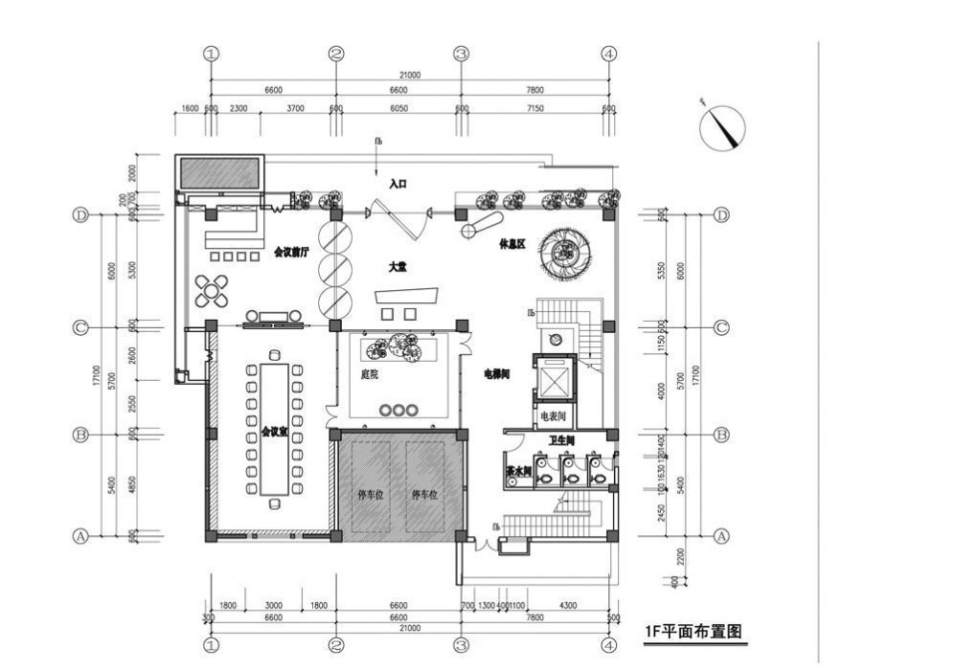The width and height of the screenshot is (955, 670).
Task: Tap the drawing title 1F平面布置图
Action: pos(695,632)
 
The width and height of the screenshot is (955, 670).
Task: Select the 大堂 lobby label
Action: pos(398,268)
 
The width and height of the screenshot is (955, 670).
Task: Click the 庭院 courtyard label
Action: pos(369,374)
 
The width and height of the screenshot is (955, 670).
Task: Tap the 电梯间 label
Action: pos(496,374)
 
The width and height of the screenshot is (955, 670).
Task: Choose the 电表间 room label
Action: pos(555,416)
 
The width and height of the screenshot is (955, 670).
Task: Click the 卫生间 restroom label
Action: pos(561,441)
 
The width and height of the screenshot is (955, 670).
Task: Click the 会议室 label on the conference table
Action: pos(274,433)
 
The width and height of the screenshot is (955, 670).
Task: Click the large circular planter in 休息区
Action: pos(566,253)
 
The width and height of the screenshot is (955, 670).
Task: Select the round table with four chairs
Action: pos(212,290)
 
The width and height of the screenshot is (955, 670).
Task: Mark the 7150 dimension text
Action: pos(534,109)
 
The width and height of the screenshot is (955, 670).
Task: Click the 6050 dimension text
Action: pos(398,109)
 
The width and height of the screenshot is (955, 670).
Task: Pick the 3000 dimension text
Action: pos(274,606)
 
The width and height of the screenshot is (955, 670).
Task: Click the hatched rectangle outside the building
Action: pos(219,173)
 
